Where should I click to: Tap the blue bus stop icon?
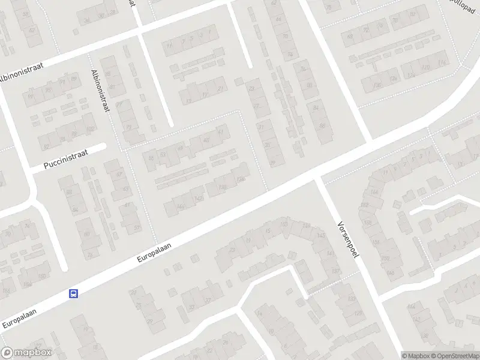(73, 293)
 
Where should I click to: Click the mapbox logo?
(26, 353)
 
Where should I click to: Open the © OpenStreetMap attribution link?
(454, 356)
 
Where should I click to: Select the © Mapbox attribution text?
(415, 356)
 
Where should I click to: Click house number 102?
(91, 129)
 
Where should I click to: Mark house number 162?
(364, 205)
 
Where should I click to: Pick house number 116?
(443, 63)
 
